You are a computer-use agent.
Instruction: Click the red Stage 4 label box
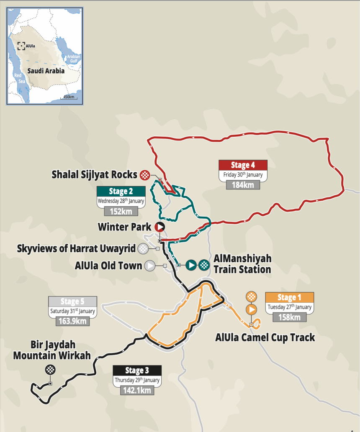243,165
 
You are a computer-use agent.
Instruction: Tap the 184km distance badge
243,184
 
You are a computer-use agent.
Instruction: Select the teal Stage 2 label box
121,192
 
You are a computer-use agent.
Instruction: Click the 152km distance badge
121,211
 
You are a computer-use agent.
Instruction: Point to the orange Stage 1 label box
290,297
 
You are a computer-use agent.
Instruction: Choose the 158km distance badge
289,317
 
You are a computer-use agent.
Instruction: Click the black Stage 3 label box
137,370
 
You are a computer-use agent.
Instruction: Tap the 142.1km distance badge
137,390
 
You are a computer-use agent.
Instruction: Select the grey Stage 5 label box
72,302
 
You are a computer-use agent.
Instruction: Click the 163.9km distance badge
72,321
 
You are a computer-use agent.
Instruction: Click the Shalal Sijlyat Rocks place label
94,174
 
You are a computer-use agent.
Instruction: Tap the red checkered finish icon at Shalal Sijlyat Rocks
145,175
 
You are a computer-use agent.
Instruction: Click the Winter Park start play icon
159,227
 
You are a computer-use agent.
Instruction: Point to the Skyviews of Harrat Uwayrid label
76,248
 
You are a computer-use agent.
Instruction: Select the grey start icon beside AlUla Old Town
149,266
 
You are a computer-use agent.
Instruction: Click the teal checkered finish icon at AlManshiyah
204,265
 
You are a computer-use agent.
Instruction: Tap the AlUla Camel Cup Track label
265,337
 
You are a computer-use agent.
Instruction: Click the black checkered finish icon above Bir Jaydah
50,369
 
